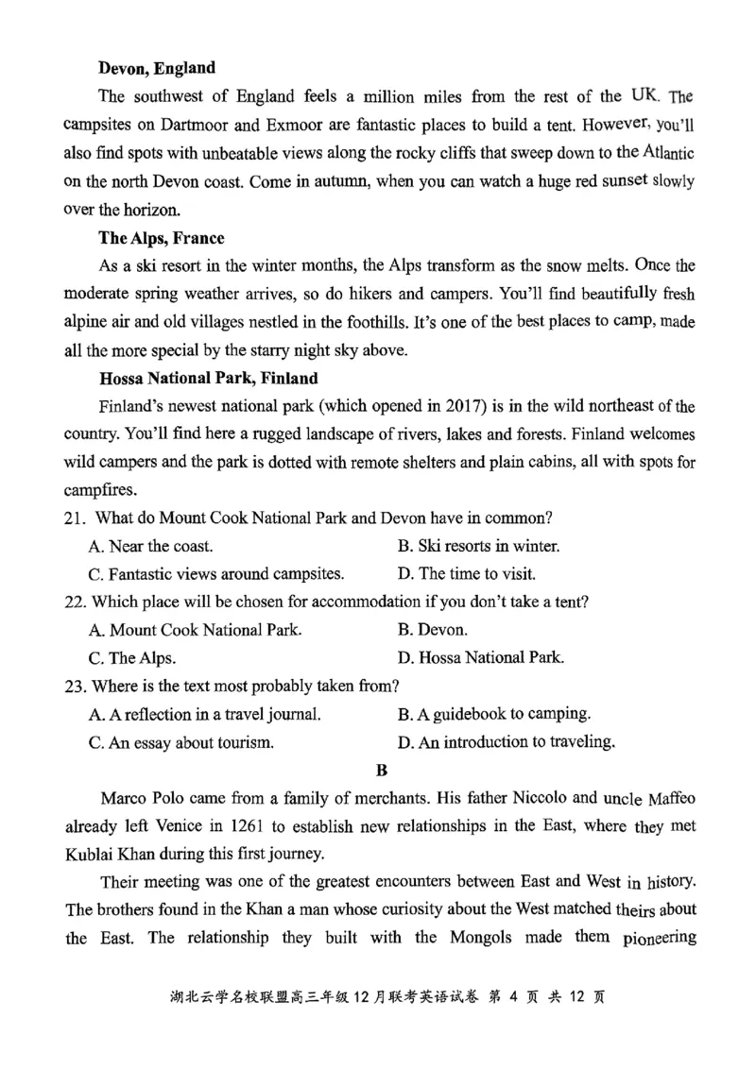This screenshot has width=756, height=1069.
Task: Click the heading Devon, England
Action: pos(157,68)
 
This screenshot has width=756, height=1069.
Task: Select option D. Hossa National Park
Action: pos(481,657)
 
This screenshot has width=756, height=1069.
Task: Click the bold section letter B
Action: pos(382,770)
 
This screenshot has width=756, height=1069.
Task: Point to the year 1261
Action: pos(241,827)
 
